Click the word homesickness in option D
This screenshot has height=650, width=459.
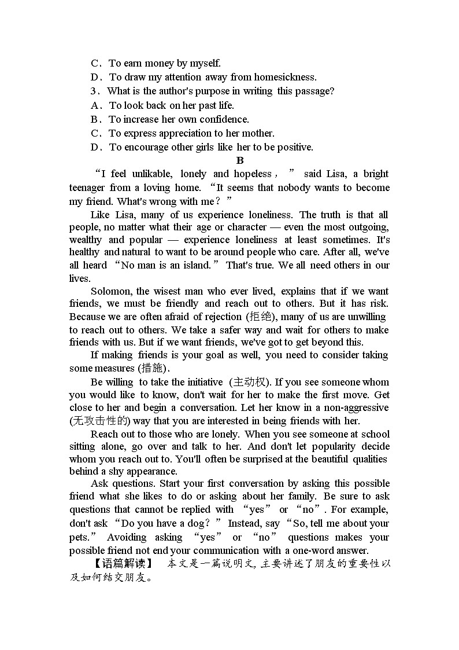tap(284, 77)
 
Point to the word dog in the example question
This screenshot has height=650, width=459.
tap(188, 523)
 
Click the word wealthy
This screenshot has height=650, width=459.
tap(86, 240)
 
